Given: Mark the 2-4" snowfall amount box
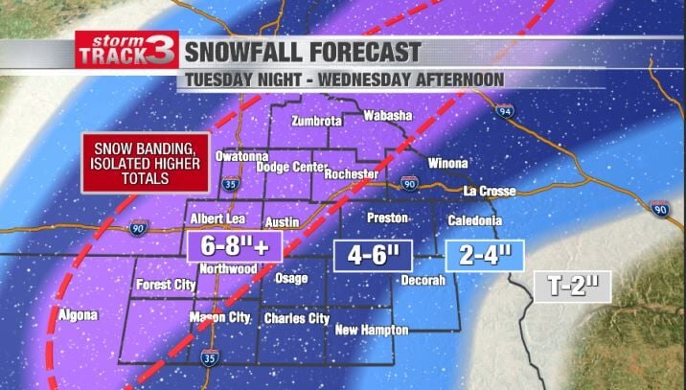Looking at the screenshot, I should pos(486,255).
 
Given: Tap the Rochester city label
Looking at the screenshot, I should pos(352,174).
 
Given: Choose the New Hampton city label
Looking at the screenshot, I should pos(371,331).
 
